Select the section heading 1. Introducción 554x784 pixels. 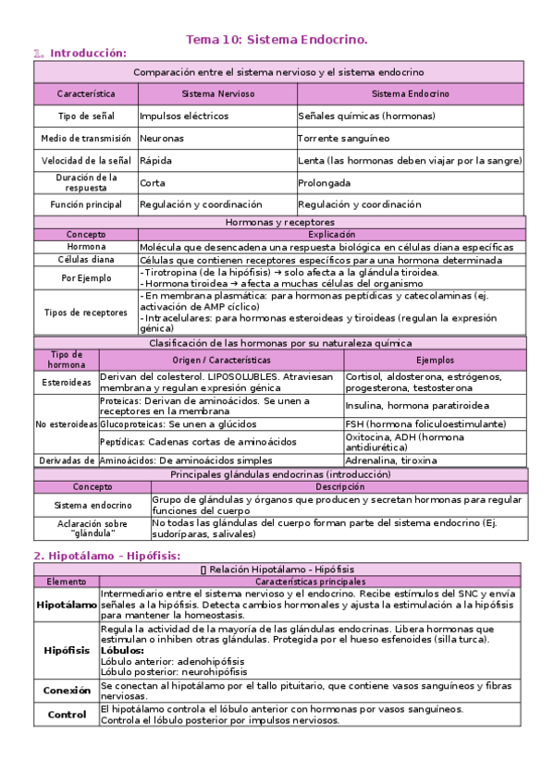click(x=80, y=54)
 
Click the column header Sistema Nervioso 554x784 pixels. click(x=216, y=94)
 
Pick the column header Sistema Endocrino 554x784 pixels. click(x=410, y=94)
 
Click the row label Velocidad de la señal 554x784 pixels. click(x=85, y=160)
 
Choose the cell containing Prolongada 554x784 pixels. click(x=325, y=182)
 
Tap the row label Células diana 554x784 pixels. click(x=85, y=260)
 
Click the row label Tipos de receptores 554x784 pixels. click(x=85, y=312)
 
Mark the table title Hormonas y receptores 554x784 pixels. click(x=279, y=223)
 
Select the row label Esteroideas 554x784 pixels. click(x=67, y=382)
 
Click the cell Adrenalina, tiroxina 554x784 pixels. click(x=392, y=459)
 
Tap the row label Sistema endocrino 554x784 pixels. click(x=92, y=505)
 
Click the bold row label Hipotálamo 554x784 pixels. click(x=67, y=604)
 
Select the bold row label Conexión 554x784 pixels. click(x=67, y=690)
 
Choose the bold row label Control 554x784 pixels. click(x=67, y=714)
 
